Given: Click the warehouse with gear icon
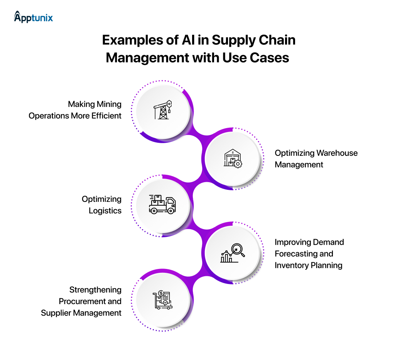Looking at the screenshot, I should coord(233,159).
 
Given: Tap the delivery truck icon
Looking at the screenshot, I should coord(162,205).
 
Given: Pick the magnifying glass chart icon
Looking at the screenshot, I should coord(233,253).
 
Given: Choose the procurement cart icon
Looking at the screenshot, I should coord(162,300).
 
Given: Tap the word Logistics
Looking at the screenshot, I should coord(105,211).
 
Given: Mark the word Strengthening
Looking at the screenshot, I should coord(95,290).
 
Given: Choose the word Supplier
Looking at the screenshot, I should coord(56,313).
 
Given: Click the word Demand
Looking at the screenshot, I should coord(328,242).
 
